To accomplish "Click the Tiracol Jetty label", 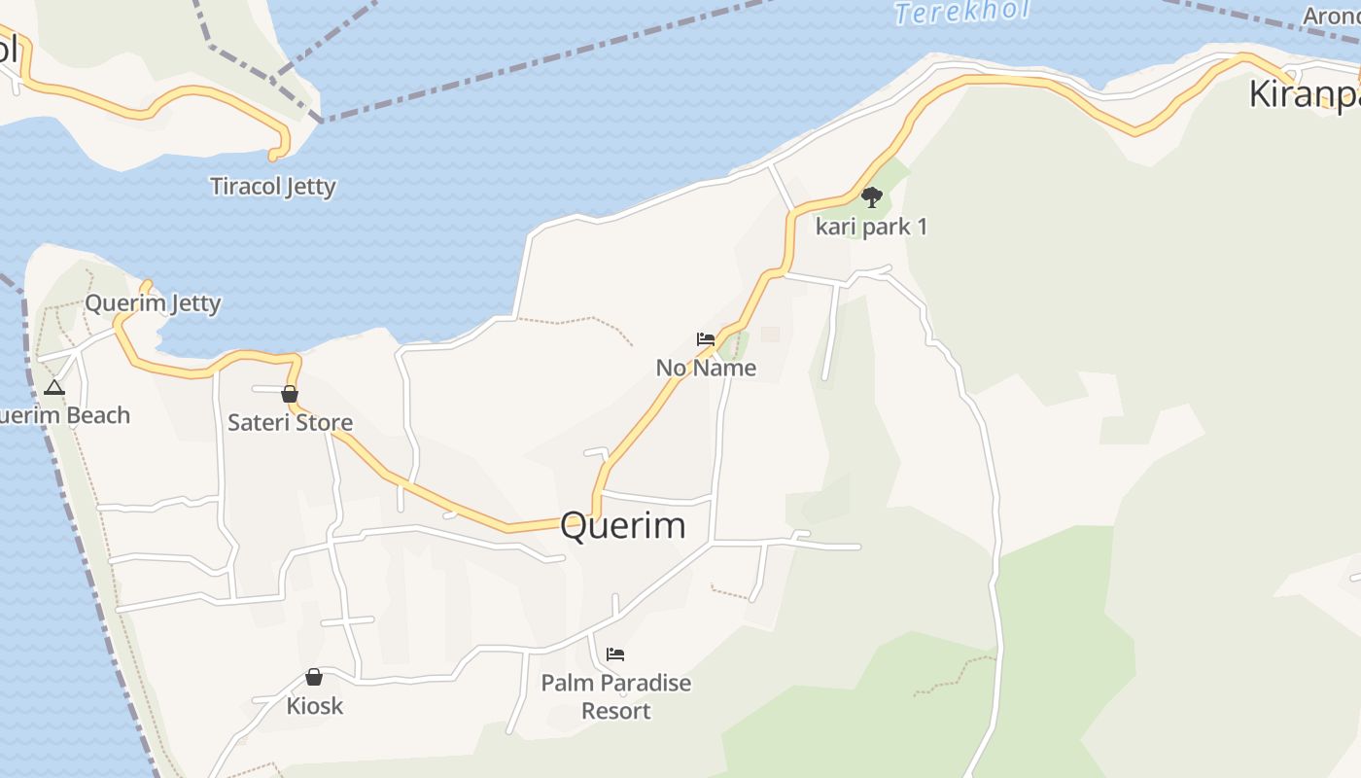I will (x=273, y=186).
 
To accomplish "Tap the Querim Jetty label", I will (x=153, y=303).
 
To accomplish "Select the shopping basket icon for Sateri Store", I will (x=289, y=394).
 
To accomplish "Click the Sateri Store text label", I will (x=290, y=423).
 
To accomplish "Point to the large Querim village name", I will (x=622, y=525).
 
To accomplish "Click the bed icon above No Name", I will (x=706, y=339).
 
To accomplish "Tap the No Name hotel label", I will (x=706, y=368).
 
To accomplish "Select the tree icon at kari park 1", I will (x=872, y=197).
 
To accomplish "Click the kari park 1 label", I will (x=871, y=227).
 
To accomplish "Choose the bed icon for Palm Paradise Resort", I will (x=615, y=654).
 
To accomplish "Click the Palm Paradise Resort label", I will (x=616, y=696).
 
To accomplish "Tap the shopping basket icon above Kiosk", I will (x=314, y=677).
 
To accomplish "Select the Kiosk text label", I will (x=315, y=705).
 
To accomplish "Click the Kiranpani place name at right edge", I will (x=1303, y=94).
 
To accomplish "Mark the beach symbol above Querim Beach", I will (x=54, y=388).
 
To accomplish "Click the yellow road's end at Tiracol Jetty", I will (x=273, y=155).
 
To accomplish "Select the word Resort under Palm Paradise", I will (x=616, y=711).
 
